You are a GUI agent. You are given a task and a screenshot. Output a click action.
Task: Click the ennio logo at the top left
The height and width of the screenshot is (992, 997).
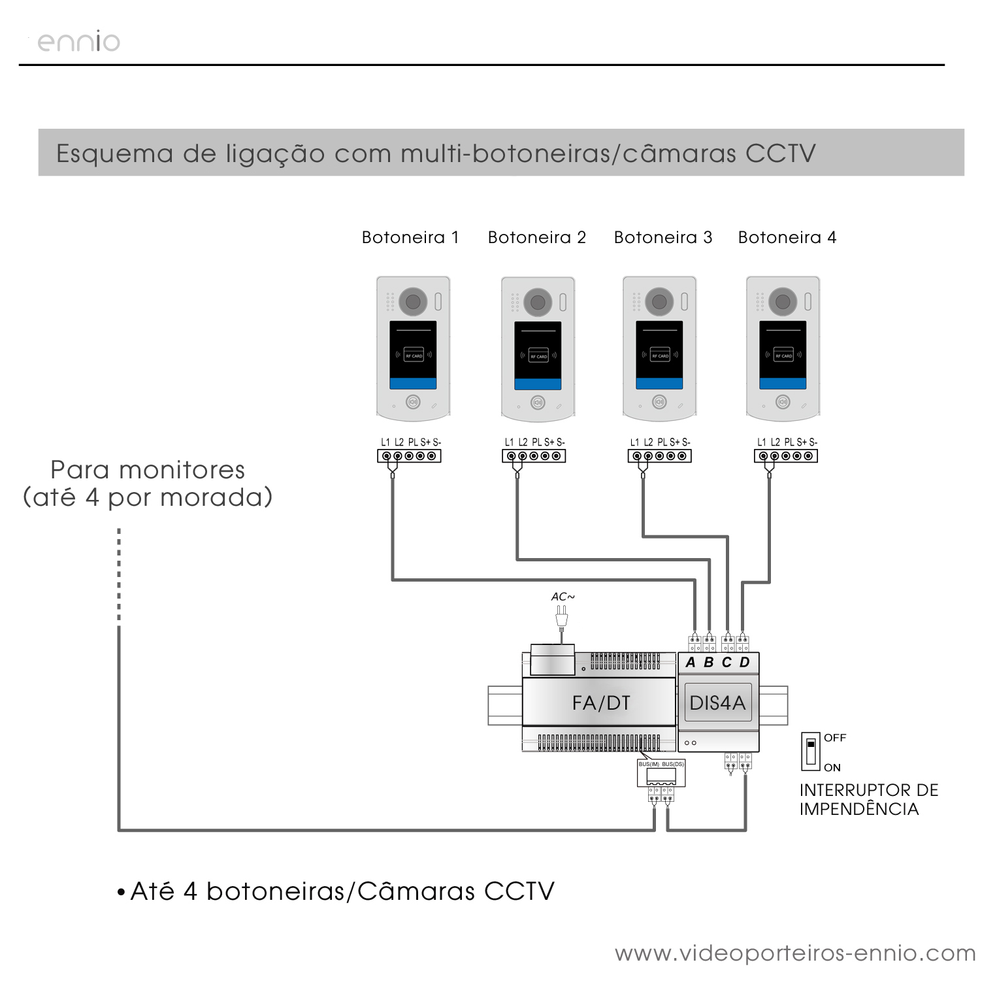78,42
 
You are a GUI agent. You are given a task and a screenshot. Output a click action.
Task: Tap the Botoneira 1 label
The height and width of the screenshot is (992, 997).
410,237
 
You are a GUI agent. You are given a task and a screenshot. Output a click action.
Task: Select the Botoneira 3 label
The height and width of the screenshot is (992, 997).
662,237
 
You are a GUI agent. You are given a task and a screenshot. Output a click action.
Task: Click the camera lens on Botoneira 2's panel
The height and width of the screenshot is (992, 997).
538,302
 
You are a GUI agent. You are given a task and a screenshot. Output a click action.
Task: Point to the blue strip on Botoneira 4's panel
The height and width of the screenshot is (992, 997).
783,384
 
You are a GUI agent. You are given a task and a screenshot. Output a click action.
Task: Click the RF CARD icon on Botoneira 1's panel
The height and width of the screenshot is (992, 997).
414,355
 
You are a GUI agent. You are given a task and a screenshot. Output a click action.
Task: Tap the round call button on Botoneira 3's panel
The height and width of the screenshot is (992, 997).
659,402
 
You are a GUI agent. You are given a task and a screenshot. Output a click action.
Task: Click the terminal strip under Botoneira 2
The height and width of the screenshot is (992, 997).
534,455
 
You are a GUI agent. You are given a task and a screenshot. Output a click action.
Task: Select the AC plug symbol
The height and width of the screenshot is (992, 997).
561,616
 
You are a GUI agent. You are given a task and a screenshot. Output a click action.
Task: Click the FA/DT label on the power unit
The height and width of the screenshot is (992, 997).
600,703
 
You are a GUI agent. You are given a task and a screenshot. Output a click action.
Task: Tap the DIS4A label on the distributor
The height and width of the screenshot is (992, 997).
717,703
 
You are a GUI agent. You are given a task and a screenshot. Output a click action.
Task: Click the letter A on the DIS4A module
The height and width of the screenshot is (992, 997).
691,663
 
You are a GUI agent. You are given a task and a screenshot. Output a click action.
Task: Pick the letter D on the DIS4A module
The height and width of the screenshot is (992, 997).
745,663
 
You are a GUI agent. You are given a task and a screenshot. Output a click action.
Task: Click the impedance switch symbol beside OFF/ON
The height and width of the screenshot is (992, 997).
811,751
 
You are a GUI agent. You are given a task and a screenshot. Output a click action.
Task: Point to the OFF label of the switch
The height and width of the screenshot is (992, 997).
835,738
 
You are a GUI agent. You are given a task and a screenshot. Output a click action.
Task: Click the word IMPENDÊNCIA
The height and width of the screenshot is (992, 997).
858,809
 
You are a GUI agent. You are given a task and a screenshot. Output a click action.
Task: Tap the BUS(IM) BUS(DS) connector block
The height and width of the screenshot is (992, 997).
661,773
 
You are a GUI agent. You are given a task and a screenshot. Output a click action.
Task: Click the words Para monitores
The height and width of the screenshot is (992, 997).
148,470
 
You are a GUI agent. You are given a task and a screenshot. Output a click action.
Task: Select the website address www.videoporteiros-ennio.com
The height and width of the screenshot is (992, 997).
795,953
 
